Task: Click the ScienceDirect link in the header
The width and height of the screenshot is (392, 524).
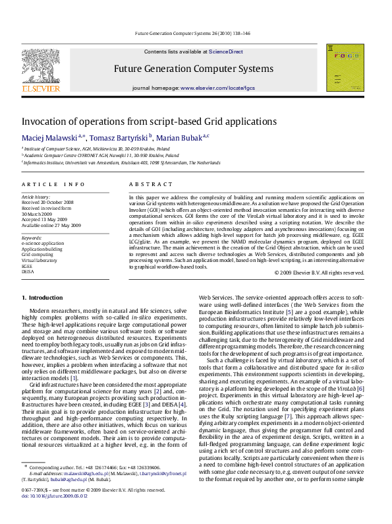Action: click(225, 51)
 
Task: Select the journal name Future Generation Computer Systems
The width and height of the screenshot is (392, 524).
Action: click(193, 69)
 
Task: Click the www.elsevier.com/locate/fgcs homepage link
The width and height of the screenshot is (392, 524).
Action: click(217, 88)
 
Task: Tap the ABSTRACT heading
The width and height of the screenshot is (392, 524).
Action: click(150, 185)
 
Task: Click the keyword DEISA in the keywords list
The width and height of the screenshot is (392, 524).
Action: click(28, 271)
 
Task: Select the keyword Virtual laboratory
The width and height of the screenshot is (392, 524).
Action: click(39, 260)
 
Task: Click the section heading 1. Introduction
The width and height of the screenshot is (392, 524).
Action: click(43, 298)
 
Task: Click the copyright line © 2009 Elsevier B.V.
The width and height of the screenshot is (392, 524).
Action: click(319, 272)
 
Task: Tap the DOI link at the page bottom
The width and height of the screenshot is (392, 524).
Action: click(54, 513)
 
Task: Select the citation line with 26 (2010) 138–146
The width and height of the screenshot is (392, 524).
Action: click(196, 32)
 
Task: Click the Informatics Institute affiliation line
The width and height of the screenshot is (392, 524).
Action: click(121, 162)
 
